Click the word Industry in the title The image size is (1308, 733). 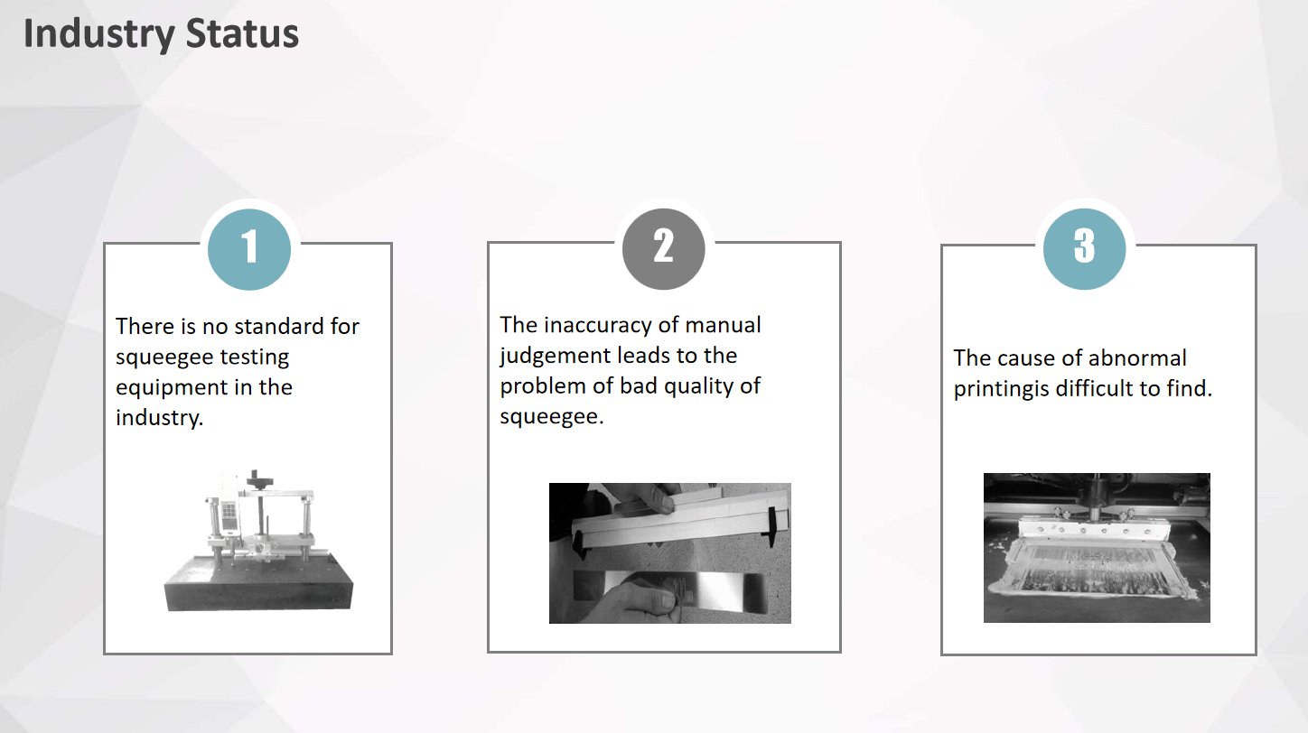coord(98,34)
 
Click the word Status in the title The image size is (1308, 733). coord(242,33)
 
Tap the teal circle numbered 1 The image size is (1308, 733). coord(249,249)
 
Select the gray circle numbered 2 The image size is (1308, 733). coord(663,248)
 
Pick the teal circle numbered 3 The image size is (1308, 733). coord(1084,248)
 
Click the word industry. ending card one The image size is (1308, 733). coord(159,419)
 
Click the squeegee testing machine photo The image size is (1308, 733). coord(258,540)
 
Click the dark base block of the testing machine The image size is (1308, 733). coord(258,583)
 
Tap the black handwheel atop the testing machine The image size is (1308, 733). coord(259,479)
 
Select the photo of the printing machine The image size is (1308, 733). coord(1097,547)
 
